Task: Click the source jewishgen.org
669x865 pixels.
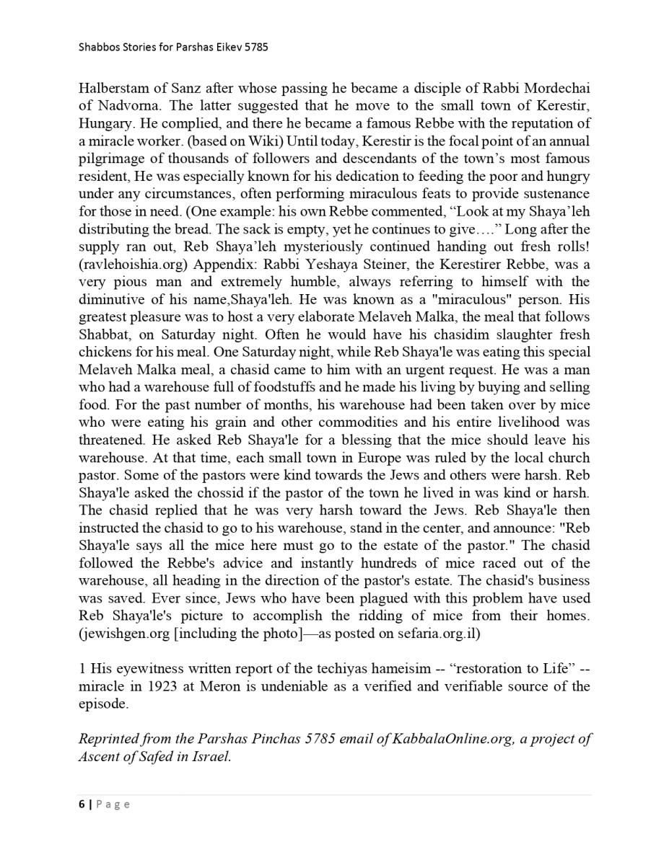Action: (x=119, y=634)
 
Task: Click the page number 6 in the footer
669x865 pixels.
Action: (x=82, y=804)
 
